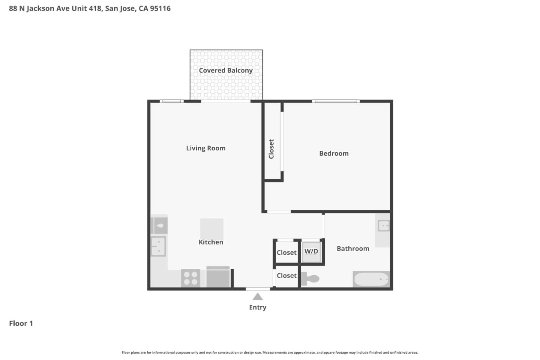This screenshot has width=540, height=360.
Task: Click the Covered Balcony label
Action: [x=225, y=70]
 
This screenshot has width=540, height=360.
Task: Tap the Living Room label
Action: [x=206, y=148]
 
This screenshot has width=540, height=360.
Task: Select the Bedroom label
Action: [x=334, y=153]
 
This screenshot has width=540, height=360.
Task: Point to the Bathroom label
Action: [x=352, y=249]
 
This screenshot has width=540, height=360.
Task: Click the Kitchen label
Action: [x=211, y=242]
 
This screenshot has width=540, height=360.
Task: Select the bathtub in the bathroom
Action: [x=371, y=279]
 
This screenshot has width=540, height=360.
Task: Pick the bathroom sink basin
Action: [x=383, y=226]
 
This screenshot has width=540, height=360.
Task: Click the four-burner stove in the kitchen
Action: [x=190, y=278]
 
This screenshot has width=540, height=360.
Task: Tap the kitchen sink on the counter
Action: [x=158, y=246]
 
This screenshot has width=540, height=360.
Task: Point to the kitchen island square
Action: [x=211, y=229]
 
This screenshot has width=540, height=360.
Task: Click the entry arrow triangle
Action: [x=257, y=297]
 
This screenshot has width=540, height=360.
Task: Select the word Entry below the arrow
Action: [x=258, y=307]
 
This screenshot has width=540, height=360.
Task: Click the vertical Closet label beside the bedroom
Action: [x=271, y=149]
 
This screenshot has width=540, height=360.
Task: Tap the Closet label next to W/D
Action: [x=286, y=253]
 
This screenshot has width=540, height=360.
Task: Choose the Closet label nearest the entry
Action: [x=286, y=276]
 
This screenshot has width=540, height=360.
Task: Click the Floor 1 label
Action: [x=21, y=323]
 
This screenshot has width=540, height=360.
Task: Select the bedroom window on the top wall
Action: [x=336, y=101]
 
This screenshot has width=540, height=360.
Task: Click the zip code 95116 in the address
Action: [x=160, y=8]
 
